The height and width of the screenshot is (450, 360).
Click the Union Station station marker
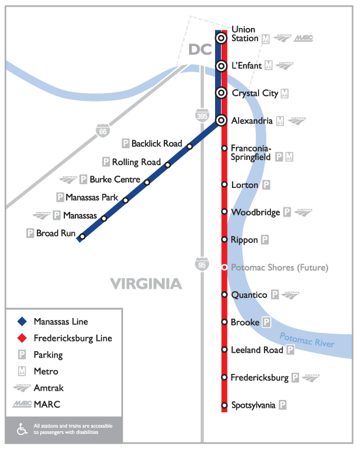[222, 38]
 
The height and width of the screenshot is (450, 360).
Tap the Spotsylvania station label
[253, 405]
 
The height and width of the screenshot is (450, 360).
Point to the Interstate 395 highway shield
[202, 116]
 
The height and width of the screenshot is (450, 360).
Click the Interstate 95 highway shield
[201, 264]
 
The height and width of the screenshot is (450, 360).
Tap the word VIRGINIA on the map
[146, 284]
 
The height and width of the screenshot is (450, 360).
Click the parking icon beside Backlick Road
[126, 143]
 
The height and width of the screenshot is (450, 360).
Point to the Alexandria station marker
[222, 120]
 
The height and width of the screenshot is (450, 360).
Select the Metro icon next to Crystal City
[285, 93]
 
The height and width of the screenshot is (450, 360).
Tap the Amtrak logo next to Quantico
[291, 295]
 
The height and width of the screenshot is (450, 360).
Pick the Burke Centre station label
[114, 179]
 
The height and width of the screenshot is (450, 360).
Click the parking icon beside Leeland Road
[290, 350]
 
